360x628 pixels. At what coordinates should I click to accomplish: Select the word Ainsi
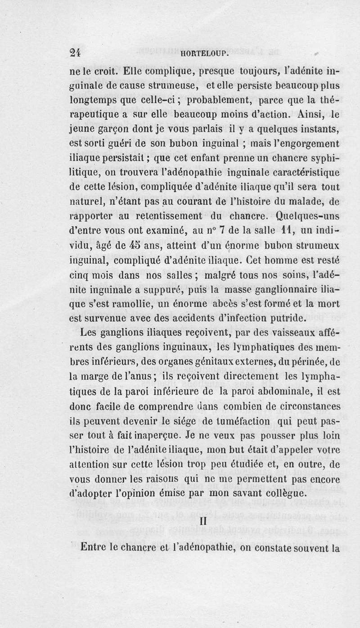tap(308, 116)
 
